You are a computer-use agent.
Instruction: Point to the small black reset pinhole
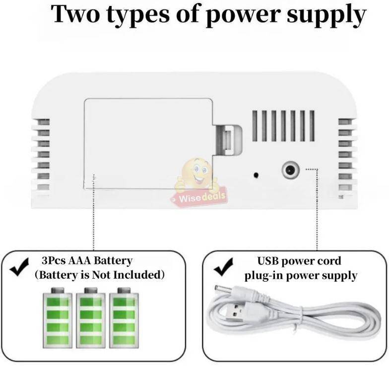tap(256, 175)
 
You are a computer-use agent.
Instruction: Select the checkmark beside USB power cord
tap(223, 269)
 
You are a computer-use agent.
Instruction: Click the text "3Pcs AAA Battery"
tap(87, 261)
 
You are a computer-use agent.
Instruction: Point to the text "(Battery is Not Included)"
tap(99, 274)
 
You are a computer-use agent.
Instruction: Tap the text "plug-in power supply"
tap(300, 276)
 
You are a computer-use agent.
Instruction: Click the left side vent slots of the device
tap(42, 154)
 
